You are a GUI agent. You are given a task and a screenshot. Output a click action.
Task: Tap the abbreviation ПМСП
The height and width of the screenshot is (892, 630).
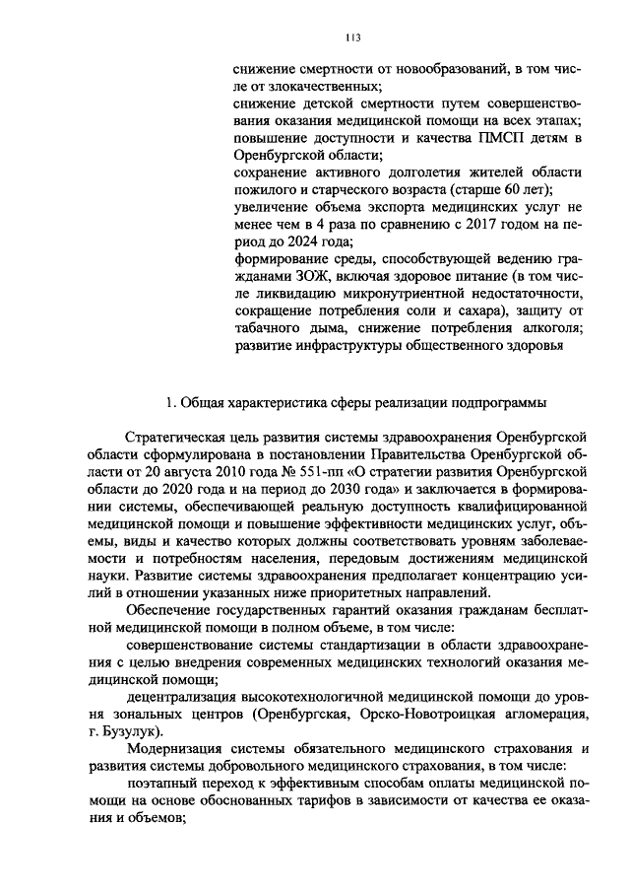(503, 139)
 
